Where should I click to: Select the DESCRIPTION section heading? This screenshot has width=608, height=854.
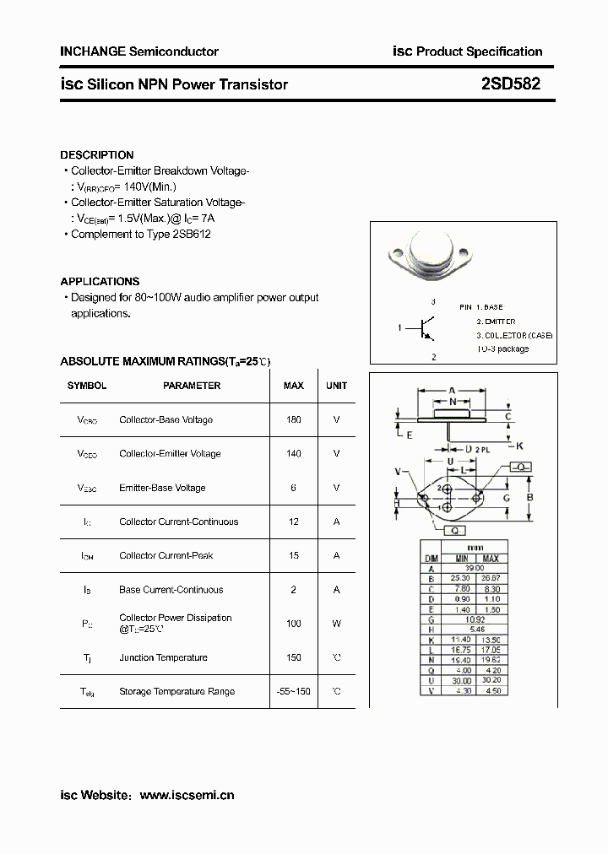point(97,155)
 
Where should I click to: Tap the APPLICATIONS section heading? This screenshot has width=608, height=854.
point(100,281)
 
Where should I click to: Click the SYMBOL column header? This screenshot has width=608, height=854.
point(87,386)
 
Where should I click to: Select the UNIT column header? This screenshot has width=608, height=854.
point(336,386)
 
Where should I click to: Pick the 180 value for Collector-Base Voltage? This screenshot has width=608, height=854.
point(293,419)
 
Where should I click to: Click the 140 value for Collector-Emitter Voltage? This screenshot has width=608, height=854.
point(293,453)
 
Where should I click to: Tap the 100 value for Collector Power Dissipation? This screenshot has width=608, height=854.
point(293,624)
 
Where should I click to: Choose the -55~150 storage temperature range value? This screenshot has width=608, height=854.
point(293,691)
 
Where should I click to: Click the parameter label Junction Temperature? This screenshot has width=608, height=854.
point(163,657)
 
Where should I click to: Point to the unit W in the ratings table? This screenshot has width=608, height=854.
point(336,624)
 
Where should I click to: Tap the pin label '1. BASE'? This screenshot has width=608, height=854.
point(481,308)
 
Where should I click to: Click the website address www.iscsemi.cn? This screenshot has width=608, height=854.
point(186,795)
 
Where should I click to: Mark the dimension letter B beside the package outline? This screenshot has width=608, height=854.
point(529,498)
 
